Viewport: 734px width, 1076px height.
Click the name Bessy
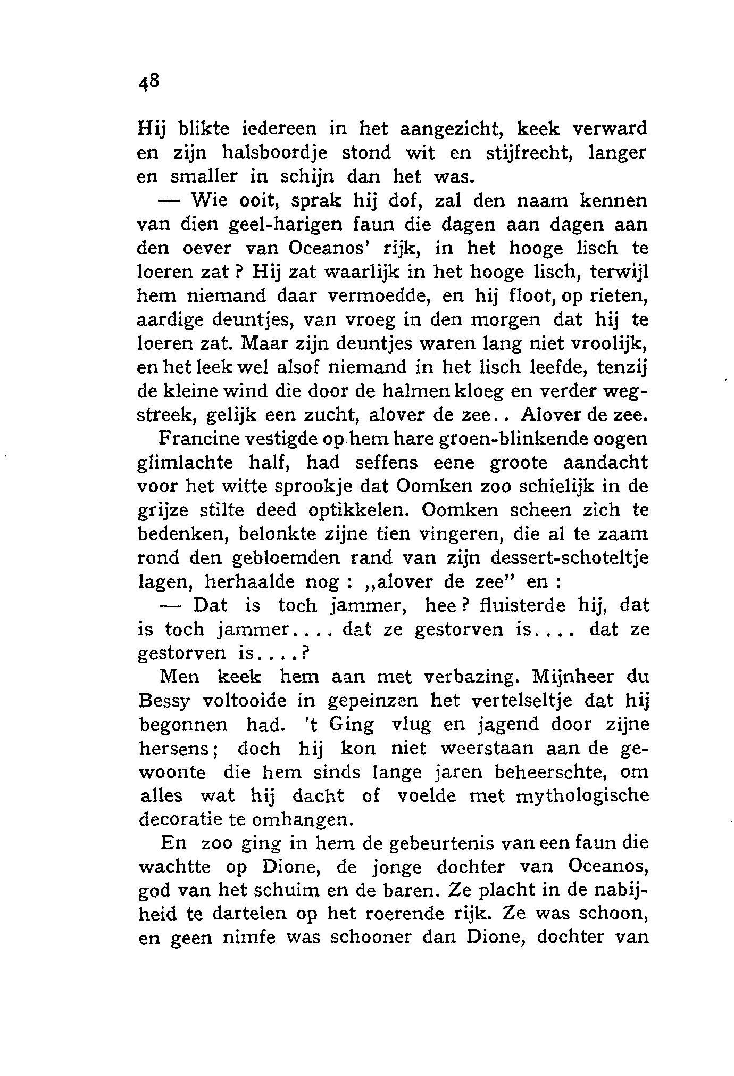[164, 702]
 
